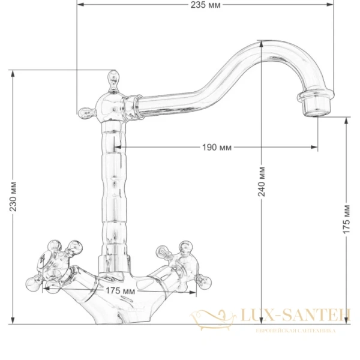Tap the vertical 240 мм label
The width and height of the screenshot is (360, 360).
[x=262, y=184]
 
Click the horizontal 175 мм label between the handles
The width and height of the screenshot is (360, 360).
[x=120, y=291]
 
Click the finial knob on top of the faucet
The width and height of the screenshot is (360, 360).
[x=112, y=77]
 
